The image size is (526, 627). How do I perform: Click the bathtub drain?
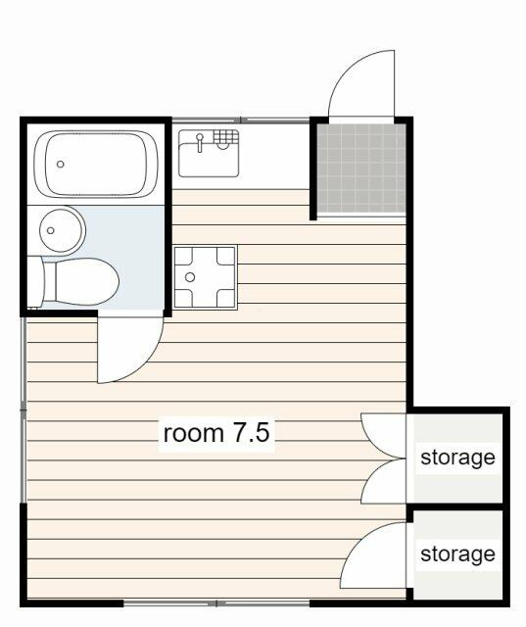pos(61,164)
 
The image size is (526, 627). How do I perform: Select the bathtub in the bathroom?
pos(96,164)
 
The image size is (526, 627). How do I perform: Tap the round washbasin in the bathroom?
pos(62,230)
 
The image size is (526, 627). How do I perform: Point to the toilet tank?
pos(35,281)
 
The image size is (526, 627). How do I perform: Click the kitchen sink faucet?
pos(200,143)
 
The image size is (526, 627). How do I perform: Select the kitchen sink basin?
pos(209,153)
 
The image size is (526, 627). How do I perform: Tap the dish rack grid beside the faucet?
pos(225,136)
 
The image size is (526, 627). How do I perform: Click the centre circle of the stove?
pos(190,277)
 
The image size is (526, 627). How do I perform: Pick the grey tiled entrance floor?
pos(361,168)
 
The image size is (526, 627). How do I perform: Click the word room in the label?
pos(194,433)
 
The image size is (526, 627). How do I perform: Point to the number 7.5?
pos(251,433)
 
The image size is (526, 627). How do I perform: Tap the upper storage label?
pos(457,458)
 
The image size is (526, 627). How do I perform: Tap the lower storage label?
pos(457,555)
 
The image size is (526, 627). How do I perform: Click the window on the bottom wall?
pos(216,603)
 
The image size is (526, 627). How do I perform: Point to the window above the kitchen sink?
pos(241,120)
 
